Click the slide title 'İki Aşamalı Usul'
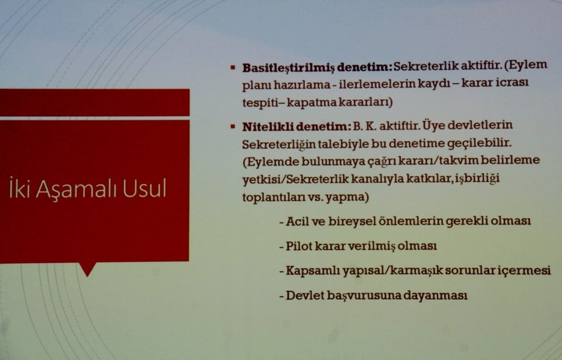(x=88, y=189)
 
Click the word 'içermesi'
(x=525, y=271)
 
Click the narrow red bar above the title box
(x=94, y=102)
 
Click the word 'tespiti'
(x=260, y=103)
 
